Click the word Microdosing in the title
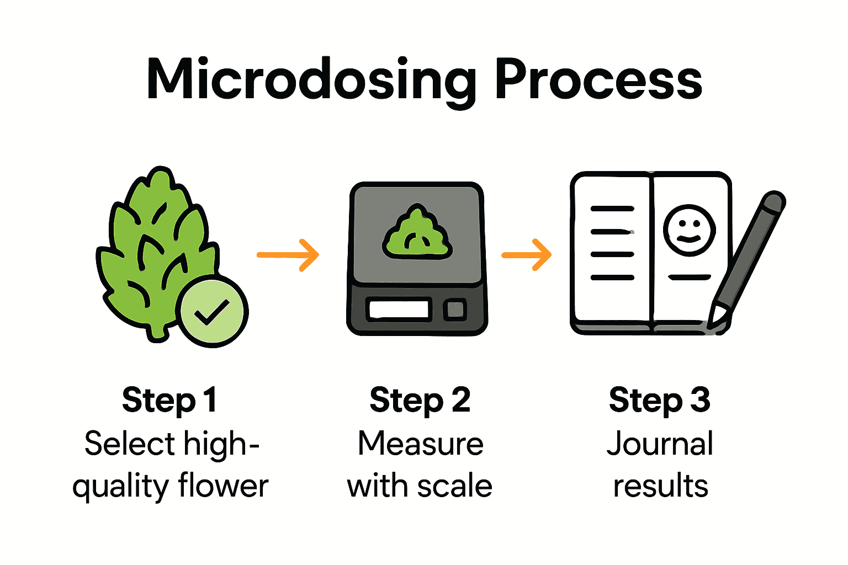click(311, 81)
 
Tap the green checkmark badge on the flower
click(213, 312)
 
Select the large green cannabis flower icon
click(155, 248)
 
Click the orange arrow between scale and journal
click(527, 255)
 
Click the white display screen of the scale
click(399, 310)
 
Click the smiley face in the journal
click(688, 230)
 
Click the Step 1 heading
click(169, 400)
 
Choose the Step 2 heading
click(420, 400)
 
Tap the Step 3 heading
click(659, 400)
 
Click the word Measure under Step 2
click(421, 444)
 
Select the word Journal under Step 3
click(660, 444)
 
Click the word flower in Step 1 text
click(223, 487)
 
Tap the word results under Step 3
click(660, 487)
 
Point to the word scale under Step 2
click(454, 487)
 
